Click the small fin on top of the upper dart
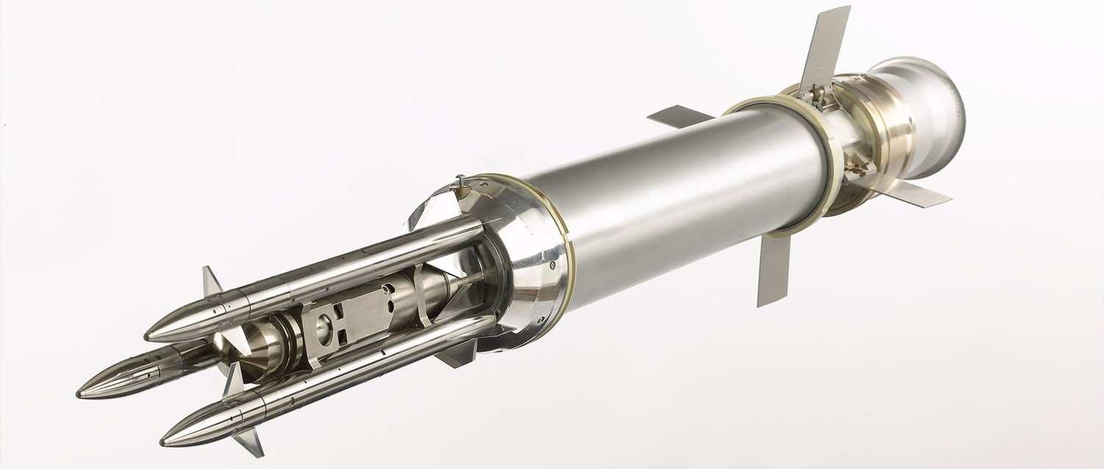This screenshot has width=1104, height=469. point(211,281)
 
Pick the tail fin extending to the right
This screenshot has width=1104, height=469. point(913,194)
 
